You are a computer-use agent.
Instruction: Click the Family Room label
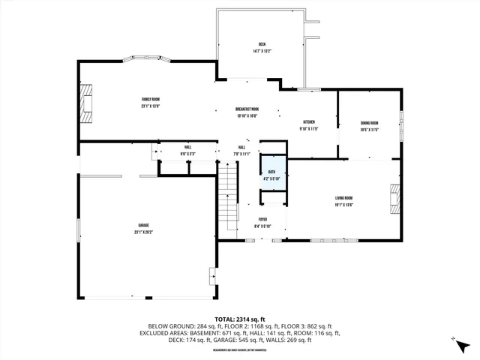151,99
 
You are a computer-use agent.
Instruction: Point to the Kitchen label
308,122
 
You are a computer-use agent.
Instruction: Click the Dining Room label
369,123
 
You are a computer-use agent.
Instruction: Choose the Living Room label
344,198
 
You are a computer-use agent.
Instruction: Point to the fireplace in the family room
88,103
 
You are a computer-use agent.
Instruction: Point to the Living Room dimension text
344,205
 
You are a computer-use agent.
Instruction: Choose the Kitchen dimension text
308,129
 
